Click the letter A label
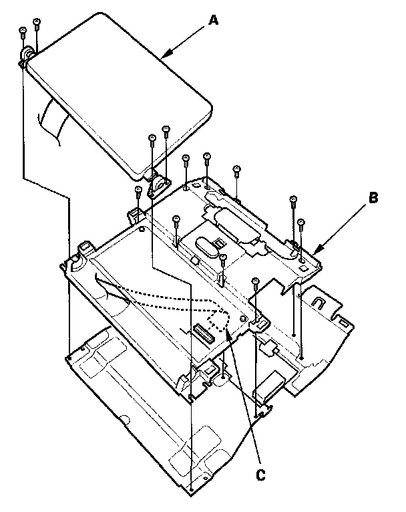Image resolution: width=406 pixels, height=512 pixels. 213,21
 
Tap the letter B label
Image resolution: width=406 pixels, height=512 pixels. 373,197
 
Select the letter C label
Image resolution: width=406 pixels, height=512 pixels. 261,475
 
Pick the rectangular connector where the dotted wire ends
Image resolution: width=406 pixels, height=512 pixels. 201,332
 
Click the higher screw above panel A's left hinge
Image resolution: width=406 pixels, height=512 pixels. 37,23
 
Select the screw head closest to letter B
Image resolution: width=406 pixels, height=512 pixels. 300,222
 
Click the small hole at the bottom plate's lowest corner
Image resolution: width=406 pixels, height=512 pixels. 191,490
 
